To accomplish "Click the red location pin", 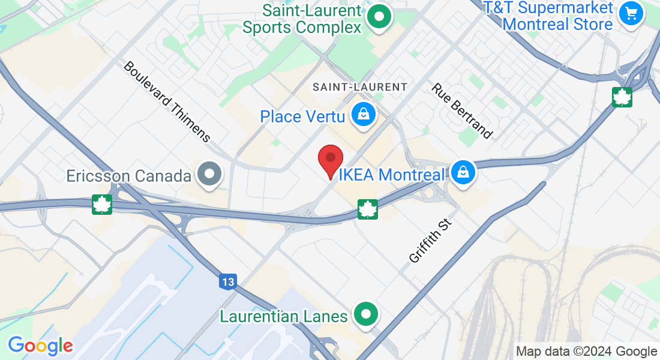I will coord(330,160).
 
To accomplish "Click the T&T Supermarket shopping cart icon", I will coord(631,13).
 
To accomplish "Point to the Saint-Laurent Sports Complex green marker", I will coord(379,16).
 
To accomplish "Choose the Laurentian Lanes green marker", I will coord(365,314).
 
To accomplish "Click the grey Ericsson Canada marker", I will coord(210,175).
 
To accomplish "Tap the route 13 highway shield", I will coord(228,281).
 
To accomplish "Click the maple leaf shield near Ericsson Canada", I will coord(102,205).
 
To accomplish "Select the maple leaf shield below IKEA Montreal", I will coord(367,209).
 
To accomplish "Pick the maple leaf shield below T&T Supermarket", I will coord(622,97).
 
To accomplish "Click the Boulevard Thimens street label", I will coord(167,101).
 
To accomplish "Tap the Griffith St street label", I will coord(430,241).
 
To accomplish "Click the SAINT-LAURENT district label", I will coord(360,87).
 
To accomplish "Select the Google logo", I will coord(40,346).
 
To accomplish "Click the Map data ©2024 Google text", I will coord(587,352).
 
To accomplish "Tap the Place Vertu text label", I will coord(303,116).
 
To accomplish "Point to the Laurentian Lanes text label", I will coord(284,316).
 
